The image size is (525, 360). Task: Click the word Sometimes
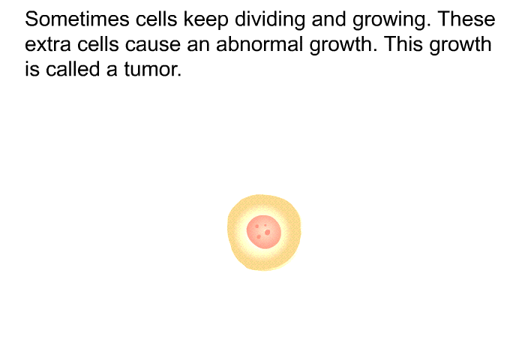click(77, 19)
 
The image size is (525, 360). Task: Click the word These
click(466, 19)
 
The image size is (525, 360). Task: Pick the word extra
click(48, 45)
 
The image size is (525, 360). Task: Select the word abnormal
click(259, 44)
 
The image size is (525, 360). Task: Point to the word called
click(73, 69)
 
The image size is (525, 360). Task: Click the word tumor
click(153, 70)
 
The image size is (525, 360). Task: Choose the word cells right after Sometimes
click(156, 19)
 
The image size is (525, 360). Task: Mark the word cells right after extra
click(98, 44)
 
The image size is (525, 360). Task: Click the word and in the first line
click(328, 19)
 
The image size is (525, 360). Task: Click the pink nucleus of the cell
click(264, 232)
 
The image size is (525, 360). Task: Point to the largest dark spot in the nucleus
click(267, 232)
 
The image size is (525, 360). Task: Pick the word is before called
click(32, 69)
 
